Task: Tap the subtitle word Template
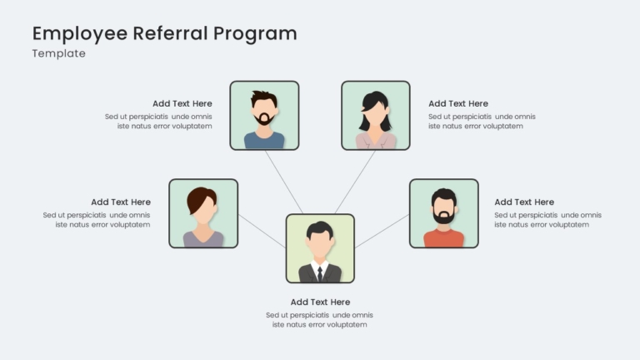59,54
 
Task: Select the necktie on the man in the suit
320,273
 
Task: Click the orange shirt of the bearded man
443,239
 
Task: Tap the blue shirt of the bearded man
264,141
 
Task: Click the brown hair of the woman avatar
200,199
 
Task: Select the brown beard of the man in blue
264,119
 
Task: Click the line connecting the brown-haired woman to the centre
262,231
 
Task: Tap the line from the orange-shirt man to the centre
382,231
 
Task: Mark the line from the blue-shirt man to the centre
284,182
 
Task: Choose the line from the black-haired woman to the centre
355,182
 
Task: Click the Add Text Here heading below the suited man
320,302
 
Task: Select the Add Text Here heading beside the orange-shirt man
524,202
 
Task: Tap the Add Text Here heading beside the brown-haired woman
121,202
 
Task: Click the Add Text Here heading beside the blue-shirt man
182,103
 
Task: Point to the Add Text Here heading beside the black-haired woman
458,103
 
